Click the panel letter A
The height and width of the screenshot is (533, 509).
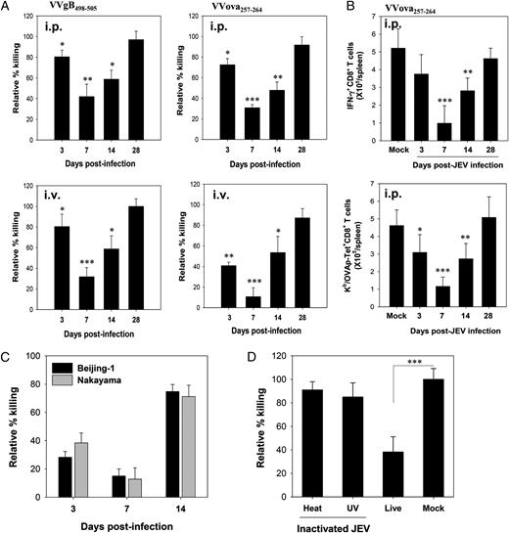click(7, 8)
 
